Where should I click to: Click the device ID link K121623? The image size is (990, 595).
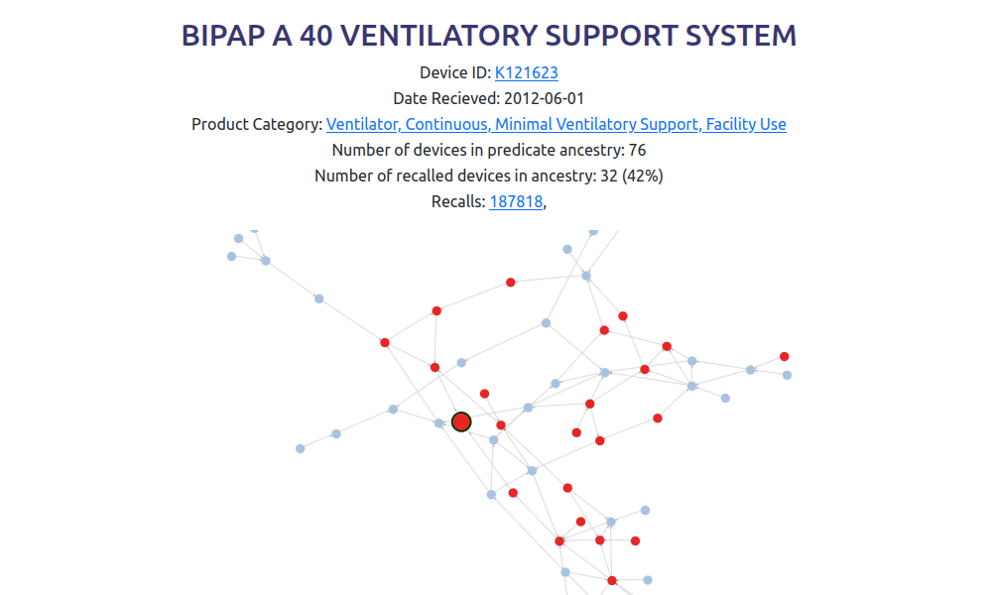click(x=526, y=72)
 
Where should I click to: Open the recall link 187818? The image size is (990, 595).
click(x=516, y=201)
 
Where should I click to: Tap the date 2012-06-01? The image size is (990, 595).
click(x=545, y=98)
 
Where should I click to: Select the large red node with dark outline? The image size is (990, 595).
click(x=461, y=421)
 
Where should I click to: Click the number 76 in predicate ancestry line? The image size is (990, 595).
click(x=637, y=150)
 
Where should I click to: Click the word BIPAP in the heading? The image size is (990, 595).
click(x=223, y=36)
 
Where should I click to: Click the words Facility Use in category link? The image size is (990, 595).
click(x=746, y=124)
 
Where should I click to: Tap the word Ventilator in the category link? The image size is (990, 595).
click(x=363, y=124)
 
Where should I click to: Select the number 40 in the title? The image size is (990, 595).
click(x=315, y=36)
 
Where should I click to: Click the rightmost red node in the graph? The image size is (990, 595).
click(x=785, y=356)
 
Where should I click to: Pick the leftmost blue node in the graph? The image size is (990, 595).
click(x=232, y=256)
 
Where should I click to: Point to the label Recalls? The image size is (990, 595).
click(x=458, y=201)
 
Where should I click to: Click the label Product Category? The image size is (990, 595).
click(x=257, y=124)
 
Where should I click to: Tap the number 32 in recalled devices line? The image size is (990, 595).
click(x=609, y=176)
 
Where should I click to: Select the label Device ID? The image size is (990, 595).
click(x=455, y=72)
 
